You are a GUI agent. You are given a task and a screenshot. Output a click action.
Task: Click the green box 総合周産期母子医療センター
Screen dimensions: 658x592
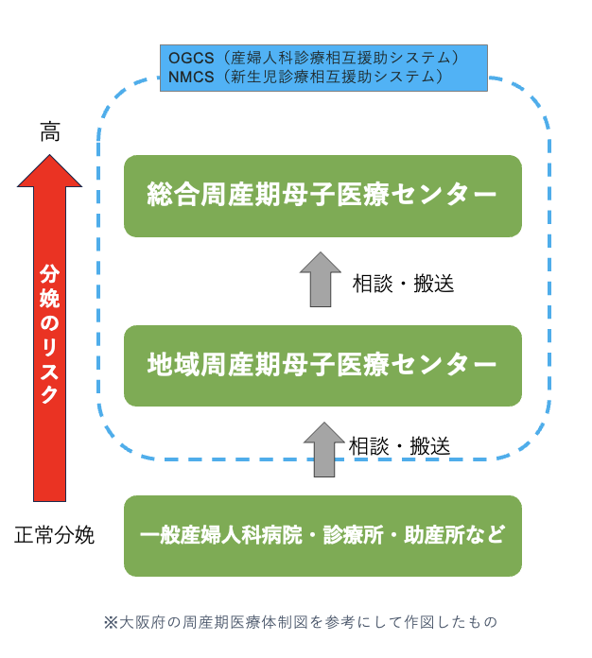322,196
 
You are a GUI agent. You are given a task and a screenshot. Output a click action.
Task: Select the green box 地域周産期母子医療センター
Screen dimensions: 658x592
322,365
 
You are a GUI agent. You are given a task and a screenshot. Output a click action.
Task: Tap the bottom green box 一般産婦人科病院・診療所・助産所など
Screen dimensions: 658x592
322,535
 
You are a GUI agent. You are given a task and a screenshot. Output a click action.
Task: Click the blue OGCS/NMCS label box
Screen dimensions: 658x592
323,67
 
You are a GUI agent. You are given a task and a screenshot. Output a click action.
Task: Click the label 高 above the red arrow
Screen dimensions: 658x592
49,132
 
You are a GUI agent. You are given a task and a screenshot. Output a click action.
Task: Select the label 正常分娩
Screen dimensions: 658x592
55,535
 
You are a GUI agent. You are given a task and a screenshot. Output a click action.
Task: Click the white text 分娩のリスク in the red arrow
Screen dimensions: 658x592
49,336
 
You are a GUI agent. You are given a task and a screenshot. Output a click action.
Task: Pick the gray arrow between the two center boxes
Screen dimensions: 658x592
321,280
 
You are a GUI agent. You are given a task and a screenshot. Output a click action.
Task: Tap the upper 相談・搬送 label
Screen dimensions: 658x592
403,284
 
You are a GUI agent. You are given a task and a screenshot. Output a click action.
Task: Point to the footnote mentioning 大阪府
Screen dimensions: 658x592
300,622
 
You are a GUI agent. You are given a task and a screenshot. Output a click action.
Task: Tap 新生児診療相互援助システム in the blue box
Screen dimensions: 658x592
337,77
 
